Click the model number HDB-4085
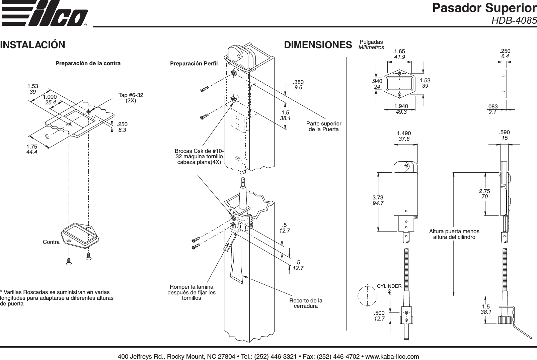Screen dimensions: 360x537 point(514,21)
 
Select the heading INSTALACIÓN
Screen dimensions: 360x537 point(32,45)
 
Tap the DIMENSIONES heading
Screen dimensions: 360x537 point(318,45)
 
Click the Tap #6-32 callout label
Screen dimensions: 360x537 point(131,98)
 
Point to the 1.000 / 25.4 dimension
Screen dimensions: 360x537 point(50,99)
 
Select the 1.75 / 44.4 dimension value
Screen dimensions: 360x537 point(32,149)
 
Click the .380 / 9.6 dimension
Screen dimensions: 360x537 point(298,85)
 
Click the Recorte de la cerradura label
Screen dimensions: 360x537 point(306,303)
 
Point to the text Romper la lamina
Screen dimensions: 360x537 point(191,287)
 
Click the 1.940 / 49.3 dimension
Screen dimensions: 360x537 point(401,109)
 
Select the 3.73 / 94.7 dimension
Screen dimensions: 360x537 point(378,200)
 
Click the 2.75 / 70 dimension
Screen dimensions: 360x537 point(484,194)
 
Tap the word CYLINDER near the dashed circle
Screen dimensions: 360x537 point(389,286)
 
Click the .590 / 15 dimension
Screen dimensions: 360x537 point(504,135)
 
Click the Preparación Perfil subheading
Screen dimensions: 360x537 point(194,63)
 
